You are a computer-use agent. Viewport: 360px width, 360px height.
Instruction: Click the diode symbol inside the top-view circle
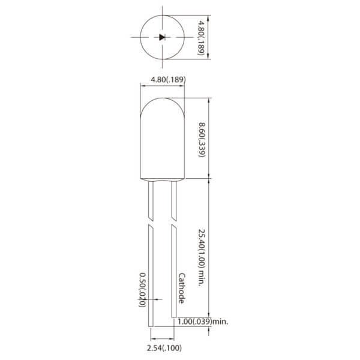tap(162, 37)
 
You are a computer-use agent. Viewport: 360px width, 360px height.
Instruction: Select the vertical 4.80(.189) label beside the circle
tap(199, 37)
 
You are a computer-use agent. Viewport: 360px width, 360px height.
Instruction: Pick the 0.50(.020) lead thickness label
tap(142, 290)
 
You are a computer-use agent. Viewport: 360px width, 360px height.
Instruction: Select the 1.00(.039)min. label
tap(203, 322)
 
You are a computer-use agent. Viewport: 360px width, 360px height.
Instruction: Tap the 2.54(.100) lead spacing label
tap(165, 347)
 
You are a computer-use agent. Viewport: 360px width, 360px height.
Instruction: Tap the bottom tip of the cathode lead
tap(174, 316)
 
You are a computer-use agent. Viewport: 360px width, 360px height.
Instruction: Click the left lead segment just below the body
tap(151, 198)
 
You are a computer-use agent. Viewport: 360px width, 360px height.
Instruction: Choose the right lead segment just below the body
tap(174, 198)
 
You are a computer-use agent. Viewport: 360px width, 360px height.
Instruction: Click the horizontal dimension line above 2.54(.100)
tap(162, 338)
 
